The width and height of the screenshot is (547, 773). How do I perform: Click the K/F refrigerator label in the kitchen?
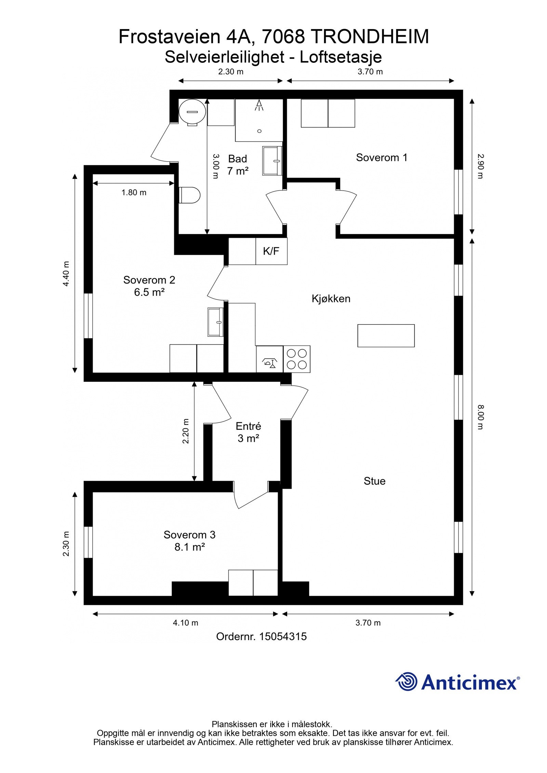click(x=271, y=251)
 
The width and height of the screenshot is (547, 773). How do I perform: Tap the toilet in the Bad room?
click(x=190, y=195)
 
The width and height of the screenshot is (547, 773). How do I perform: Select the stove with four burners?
click(x=296, y=359)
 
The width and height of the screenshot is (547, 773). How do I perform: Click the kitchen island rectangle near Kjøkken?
click(x=386, y=335)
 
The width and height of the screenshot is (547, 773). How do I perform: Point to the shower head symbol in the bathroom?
click(x=259, y=105)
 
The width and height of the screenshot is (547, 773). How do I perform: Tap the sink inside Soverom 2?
click(x=215, y=321)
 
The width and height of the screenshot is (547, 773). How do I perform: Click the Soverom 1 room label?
click(x=382, y=157)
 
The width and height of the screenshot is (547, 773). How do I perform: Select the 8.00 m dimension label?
click(x=481, y=417)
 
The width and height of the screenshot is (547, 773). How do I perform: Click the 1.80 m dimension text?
click(x=134, y=193)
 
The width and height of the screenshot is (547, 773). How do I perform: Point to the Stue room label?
click(x=374, y=481)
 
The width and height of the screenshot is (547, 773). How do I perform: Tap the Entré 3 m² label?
click(x=248, y=432)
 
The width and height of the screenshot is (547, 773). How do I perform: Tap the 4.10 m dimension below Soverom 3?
click(x=185, y=623)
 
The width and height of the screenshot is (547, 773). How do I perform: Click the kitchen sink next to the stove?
click(x=269, y=359)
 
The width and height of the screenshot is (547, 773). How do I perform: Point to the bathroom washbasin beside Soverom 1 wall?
click(x=272, y=161)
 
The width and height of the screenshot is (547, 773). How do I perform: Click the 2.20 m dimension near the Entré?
click(x=186, y=431)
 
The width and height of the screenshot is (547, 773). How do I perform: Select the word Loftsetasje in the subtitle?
click(x=341, y=57)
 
